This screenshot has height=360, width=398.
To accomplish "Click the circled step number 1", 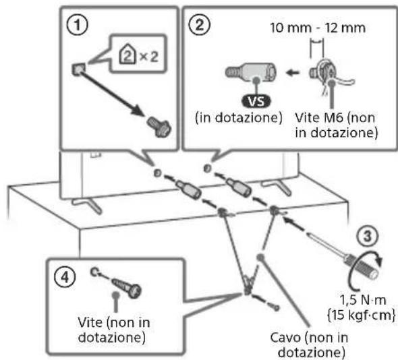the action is click(77, 25).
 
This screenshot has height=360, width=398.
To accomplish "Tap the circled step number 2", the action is click(200, 25).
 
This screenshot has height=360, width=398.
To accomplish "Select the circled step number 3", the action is click(368, 236).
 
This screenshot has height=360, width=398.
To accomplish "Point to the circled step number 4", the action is click(65, 277).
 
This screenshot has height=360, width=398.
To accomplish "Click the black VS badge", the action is click(256, 102).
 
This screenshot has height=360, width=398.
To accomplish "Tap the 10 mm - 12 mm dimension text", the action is click(318, 28).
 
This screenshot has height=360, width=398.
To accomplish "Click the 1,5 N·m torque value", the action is click(363, 301).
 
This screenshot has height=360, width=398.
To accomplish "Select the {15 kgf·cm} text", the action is click(362, 315).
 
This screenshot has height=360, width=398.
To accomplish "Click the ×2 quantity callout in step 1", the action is click(138, 55).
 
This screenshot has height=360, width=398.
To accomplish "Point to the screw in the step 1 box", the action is click(159, 127).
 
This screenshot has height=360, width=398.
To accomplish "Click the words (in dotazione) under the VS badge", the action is click(239, 118).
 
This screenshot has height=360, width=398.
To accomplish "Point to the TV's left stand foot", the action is click(87, 204).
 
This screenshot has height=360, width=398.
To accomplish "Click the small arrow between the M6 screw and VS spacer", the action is click(293, 73).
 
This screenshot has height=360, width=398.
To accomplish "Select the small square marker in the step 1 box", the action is click(78, 69).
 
